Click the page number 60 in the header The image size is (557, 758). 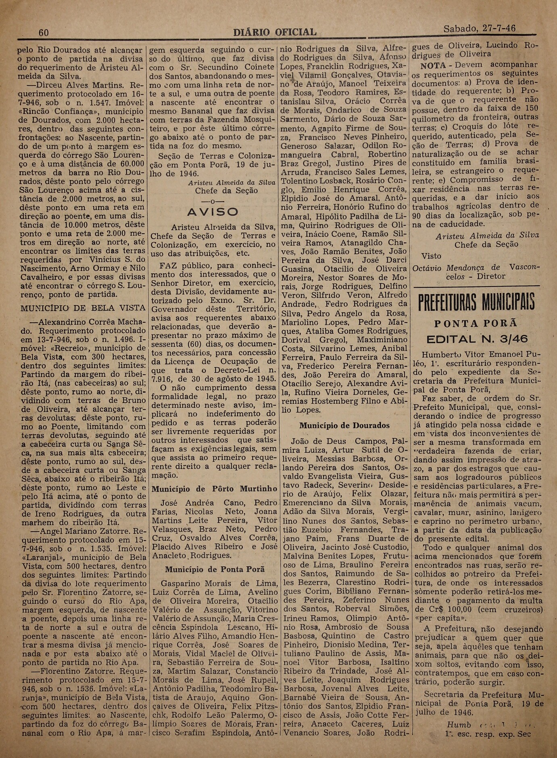(x=44, y=32)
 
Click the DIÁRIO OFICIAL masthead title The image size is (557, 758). (x=275, y=32)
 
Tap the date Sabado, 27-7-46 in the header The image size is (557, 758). (x=479, y=29)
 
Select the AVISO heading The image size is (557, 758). (x=213, y=212)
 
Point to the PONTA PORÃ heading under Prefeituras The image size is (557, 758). (x=476, y=324)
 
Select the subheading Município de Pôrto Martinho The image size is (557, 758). (x=214, y=489)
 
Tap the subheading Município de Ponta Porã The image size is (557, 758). (x=215, y=569)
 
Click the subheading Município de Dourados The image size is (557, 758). (x=344, y=425)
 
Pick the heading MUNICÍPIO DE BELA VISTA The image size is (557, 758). (x=83, y=307)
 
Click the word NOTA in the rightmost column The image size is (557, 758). (x=433, y=65)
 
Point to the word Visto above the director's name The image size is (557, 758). (x=431, y=256)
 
